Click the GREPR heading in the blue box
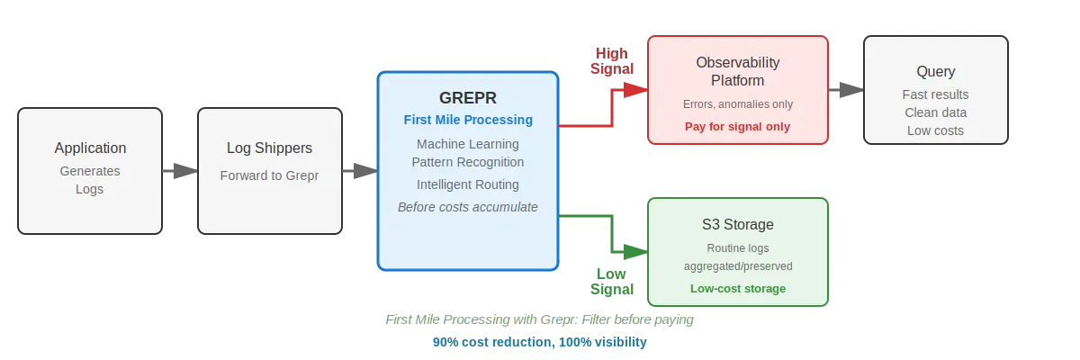468,98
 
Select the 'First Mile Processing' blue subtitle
468,120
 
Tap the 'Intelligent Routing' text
468,184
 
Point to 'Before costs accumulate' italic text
468,207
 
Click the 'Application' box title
90,148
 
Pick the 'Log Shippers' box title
269,148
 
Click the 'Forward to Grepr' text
269,175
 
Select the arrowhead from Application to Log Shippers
185,171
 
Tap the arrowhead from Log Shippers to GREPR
365,171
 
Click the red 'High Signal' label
612,61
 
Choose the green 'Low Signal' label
612,282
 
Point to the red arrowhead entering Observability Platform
635,90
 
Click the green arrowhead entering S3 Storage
635,252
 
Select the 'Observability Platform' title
738,71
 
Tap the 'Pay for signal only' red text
738,127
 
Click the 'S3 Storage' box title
738,225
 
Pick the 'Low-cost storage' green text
738,289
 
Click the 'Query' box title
936,72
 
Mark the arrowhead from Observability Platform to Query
851,90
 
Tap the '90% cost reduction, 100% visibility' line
539,342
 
